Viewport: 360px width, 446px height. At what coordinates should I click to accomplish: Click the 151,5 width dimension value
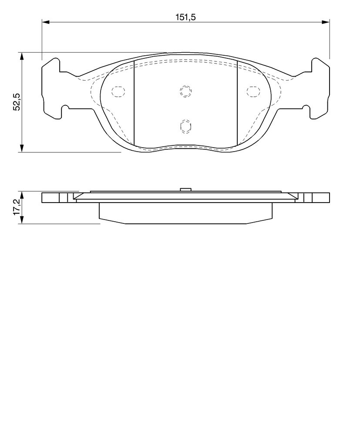(185, 17)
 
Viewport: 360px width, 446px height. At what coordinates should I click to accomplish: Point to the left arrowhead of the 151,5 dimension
(46, 22)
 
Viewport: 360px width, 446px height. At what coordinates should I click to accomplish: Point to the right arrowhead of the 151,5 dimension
(326, 22)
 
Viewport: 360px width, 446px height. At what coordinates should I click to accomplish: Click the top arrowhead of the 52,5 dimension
(22, 56)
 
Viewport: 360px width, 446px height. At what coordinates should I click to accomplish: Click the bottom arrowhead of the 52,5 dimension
(22, 148)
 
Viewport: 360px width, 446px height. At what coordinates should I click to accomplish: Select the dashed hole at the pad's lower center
(185, 126)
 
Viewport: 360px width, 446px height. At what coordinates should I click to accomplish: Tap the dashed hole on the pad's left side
(118, 91)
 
